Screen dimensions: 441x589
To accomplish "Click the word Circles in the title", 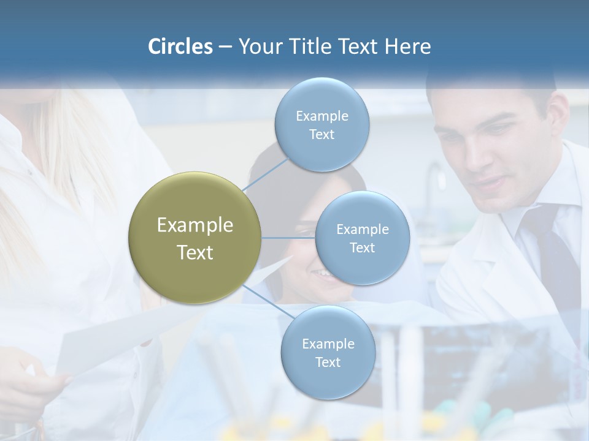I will (180, 47).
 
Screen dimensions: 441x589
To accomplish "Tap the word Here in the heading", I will (407, 47).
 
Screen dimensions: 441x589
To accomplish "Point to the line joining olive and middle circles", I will (288, 238).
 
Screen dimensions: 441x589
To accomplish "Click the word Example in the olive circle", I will (195, 225).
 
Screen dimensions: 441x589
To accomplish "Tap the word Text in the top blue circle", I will (321, 135).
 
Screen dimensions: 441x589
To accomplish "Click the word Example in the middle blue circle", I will (362, 230).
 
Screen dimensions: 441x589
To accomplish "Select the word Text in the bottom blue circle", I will (328, 362).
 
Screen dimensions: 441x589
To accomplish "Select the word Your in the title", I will (258, 47).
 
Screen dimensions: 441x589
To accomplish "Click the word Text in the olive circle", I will (195, 252).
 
